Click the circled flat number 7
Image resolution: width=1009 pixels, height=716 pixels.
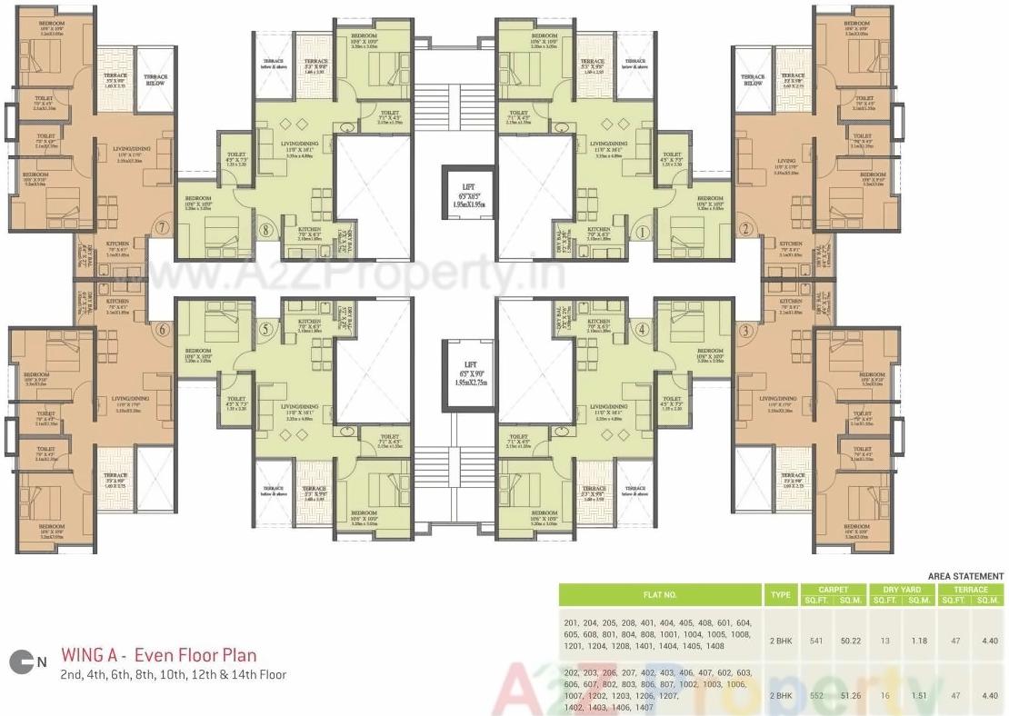pos(162,227)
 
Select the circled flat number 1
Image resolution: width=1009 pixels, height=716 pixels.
pos(642,231)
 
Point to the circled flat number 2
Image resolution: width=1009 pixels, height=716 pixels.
pos(745,229)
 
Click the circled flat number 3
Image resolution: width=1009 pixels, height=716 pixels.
pos(745,331)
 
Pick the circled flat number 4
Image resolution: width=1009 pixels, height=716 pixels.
pos(642,330)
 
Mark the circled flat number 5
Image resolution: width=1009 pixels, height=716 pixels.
pos(266,330)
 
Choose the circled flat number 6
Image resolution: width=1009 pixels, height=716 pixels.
pos(162,330)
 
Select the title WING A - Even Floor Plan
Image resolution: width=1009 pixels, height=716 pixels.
pos(158,655)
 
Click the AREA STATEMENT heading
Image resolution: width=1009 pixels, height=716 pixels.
pos(965,576)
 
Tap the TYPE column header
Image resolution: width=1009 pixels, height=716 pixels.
pos(780,595)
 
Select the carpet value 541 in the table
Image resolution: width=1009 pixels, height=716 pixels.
pos(815,641)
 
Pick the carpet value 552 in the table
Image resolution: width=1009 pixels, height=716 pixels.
pos(815,695)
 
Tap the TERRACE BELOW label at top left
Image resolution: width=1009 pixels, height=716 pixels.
pos(155,80)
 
